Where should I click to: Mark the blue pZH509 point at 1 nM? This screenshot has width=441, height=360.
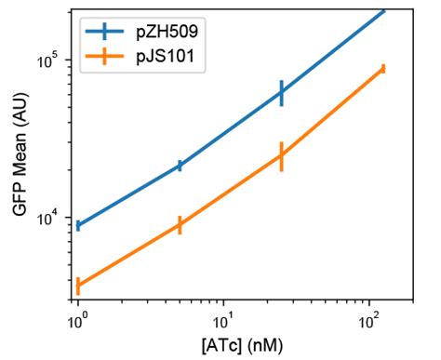(x=79, y=225)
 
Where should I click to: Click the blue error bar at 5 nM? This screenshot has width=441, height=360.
(x=180, y=166)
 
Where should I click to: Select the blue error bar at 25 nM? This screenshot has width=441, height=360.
(x=281, y=92)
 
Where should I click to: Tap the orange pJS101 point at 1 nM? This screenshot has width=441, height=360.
(x=79, y=287)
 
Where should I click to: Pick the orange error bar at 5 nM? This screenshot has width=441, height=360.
(x=180, y=224)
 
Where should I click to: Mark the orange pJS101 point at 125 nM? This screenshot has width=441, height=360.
(x=382, y=68)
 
